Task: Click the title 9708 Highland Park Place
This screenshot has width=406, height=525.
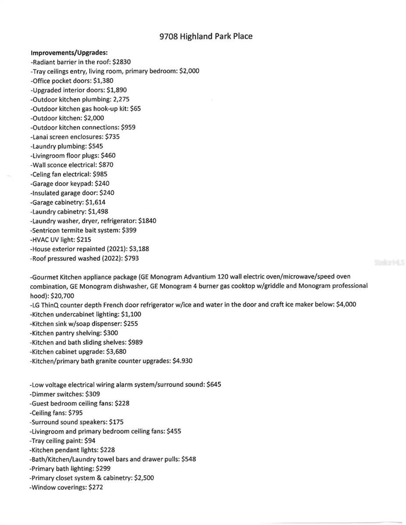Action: click(206, 36)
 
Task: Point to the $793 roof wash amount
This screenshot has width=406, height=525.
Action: click(131, 259)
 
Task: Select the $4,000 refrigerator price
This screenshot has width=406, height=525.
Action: click(346, 305)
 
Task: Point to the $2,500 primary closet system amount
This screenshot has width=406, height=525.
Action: click(144, 478)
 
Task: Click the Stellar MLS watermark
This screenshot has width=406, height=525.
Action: click(389, 263)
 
